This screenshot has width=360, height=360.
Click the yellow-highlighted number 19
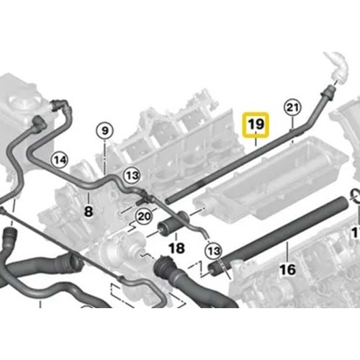(x=256, y=125)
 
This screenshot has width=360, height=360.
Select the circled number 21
(x=292, y=107)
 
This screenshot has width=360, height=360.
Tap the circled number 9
(x=105, y=131)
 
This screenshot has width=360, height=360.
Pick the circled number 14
(x=60, y=160)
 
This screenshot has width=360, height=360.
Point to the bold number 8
(x=89, y=212)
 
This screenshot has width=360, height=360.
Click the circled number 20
(x=144, y=217)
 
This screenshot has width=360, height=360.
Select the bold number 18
(x=177, y=248)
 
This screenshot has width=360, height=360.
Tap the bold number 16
(x=288, y=269)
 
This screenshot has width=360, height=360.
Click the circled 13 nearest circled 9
(x=132, y=176)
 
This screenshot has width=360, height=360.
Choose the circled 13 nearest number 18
(x=214, y=251)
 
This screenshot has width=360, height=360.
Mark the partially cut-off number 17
(x=356, y=233)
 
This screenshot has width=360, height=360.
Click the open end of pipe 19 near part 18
(x=168, y=201)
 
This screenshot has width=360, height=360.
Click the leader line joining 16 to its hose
(x=288, y=251)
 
